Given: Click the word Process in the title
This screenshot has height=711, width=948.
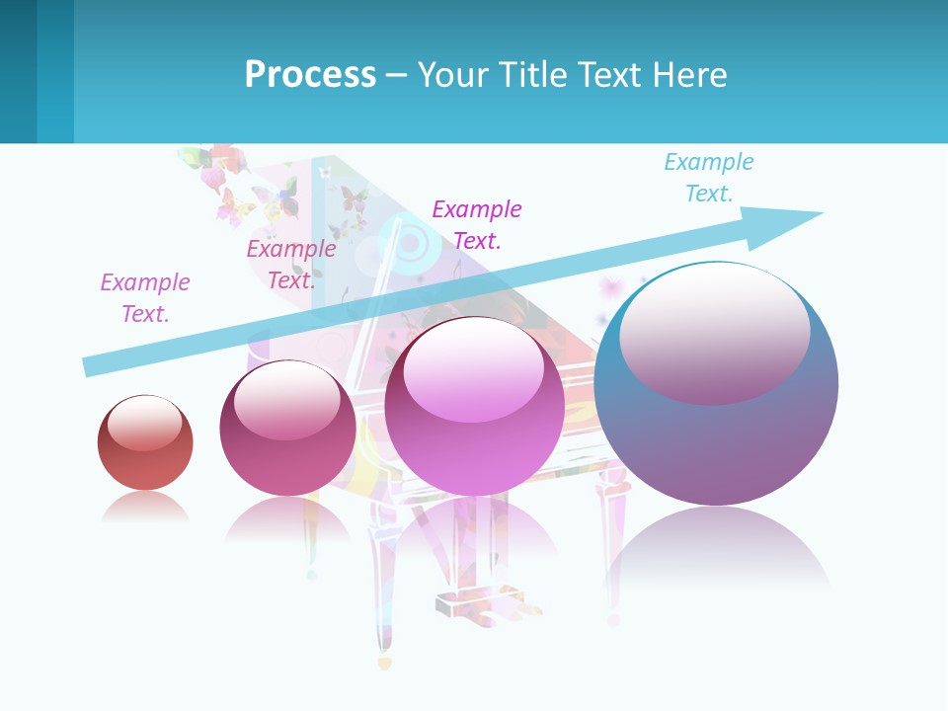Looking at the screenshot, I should [x=310, y=74].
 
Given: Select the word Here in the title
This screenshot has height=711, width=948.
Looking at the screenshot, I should [x=688, y=74].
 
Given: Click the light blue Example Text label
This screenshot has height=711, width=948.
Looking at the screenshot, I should [x=708, y=178].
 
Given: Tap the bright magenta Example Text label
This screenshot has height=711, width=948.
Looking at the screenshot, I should [x=476, y=224].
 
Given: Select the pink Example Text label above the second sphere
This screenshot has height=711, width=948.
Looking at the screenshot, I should [x=290, y=265].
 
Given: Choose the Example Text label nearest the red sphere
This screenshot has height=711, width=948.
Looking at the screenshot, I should [x=144, y=297].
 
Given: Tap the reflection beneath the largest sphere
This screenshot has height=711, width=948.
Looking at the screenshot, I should [x=716, y=548].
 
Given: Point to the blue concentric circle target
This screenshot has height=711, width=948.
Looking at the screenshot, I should [x=411, y=240].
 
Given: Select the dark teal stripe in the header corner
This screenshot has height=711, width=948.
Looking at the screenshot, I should [x=18, y=71].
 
